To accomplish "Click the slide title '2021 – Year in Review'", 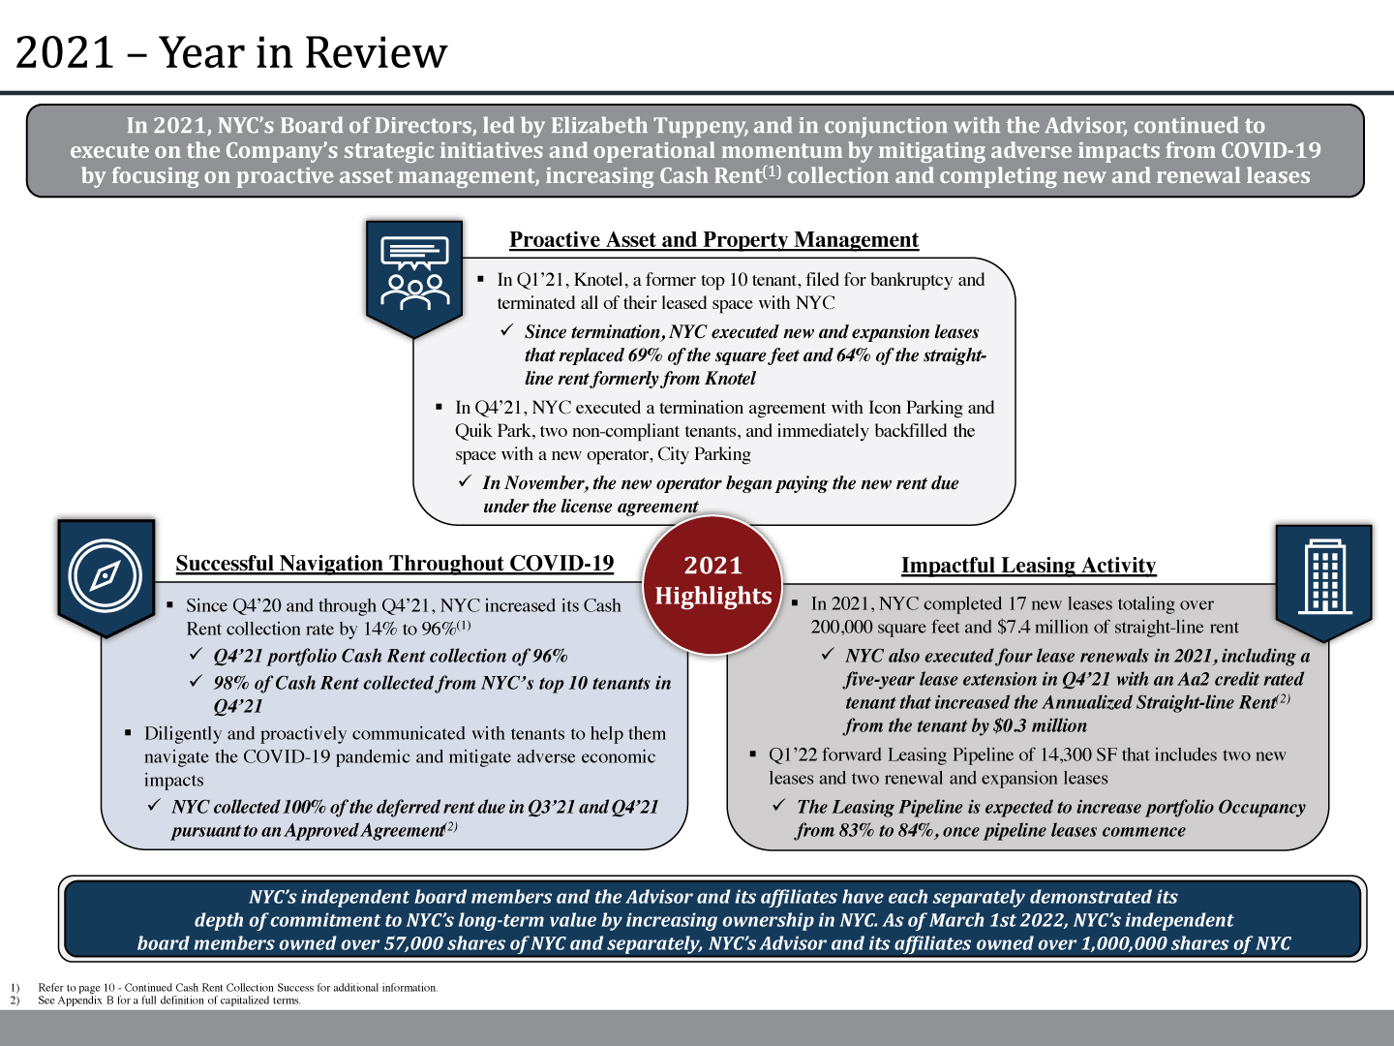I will click(x=231, y=53).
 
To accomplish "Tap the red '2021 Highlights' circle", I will click(x=713, y=582).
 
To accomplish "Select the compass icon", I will click(x=106, y=575).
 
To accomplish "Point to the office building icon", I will click(x=1323, y=577).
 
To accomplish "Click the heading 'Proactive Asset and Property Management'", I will click(x=713, y=240).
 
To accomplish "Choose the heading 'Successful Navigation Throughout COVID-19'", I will click(x=395, y=564).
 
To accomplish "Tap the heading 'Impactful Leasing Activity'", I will click(x=1028, y=566).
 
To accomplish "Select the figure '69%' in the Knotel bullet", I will click(x=646, y=355).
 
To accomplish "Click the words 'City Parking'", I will click(x=704, y=454).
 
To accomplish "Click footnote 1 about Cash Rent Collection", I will click(x=237, y=988).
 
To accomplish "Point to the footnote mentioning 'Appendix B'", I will click(x=169, y=1000).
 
